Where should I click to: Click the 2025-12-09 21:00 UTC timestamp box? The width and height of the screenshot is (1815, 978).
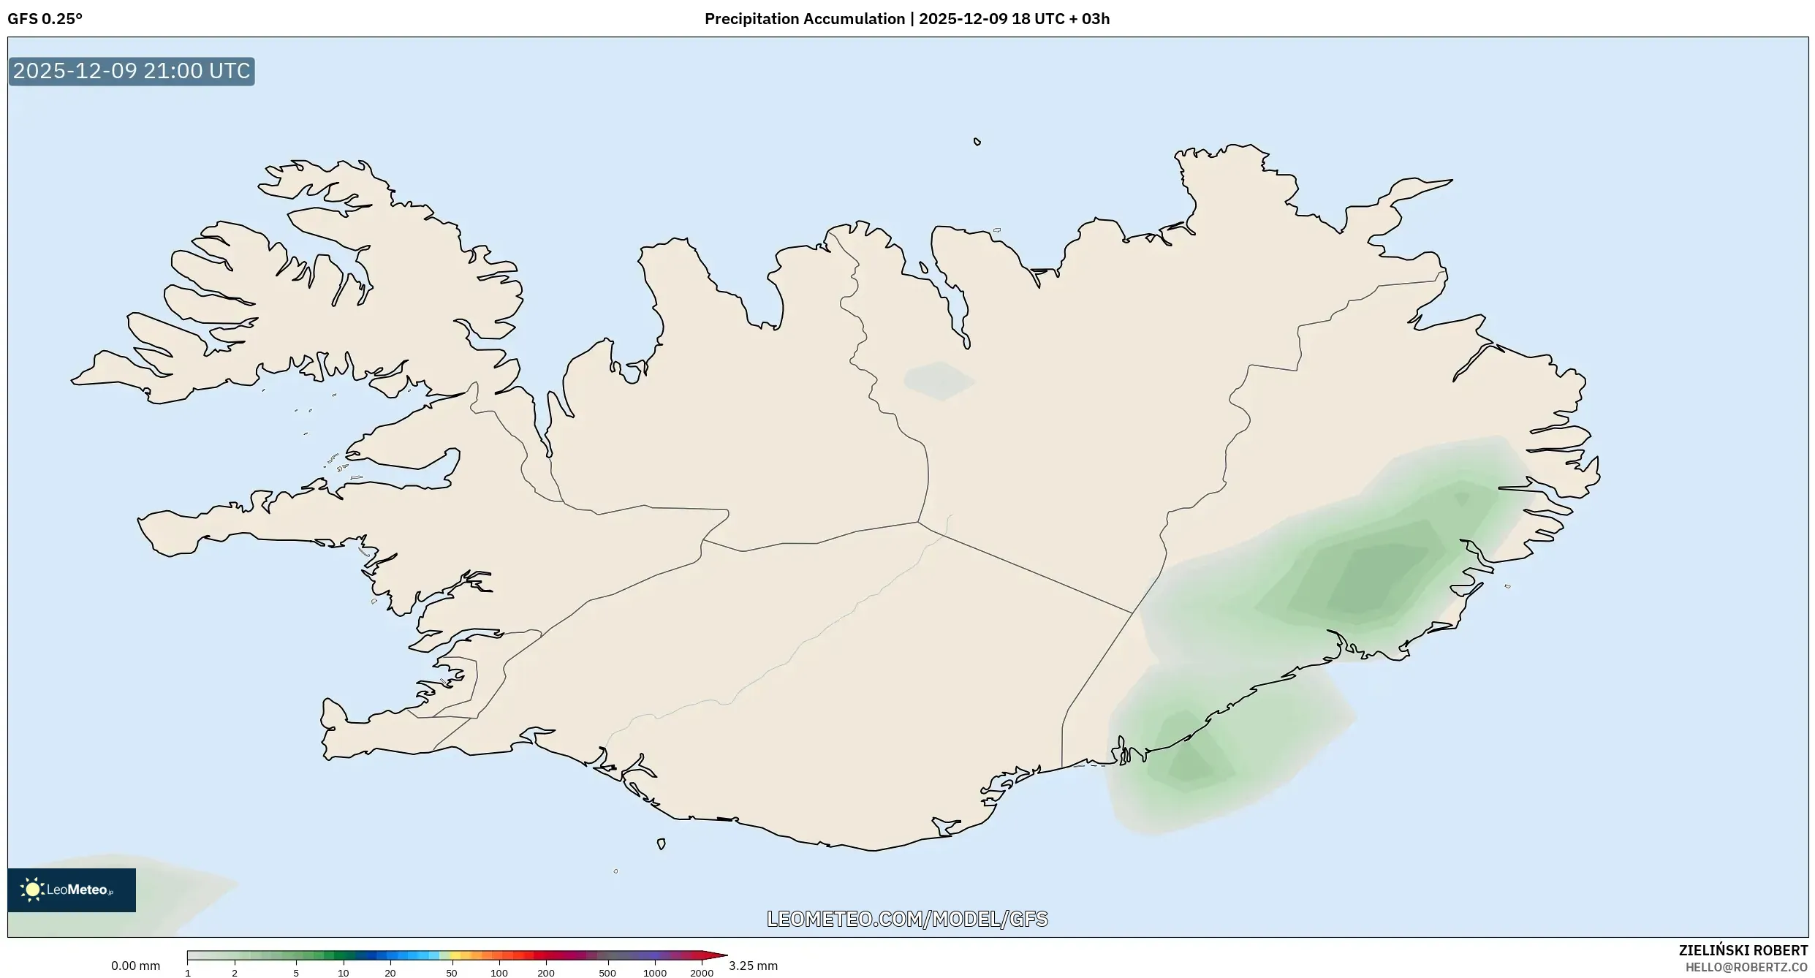click(x=132, y=71)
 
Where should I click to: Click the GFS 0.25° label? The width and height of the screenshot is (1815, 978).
click(x=45, y=19)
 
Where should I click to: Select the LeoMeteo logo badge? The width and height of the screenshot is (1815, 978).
click(x=72, y=890)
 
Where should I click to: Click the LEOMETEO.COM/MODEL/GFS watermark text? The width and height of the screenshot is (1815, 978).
click(x=907, y=919)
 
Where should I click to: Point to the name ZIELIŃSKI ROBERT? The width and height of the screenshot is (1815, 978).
click(x=1743, y=950)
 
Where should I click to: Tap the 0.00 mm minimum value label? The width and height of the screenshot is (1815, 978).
click(x=135, y=966)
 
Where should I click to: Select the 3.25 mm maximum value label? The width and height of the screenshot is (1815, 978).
click(x=753, y=966)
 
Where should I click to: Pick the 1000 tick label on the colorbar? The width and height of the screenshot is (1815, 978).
click(x=655, y=973)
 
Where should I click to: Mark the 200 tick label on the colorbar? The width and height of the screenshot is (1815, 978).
click(x=546, y=973)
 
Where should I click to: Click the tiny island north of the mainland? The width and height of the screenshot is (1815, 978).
click(x=977, y=142)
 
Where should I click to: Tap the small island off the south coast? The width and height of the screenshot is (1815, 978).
click(x=661, y=844)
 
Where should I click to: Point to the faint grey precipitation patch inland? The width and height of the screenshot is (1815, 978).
click(x=939, y=381)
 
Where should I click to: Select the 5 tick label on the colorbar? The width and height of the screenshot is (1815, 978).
click(x=296, y=973)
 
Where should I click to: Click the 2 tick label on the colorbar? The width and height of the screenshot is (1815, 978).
click(x=235, y=973)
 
